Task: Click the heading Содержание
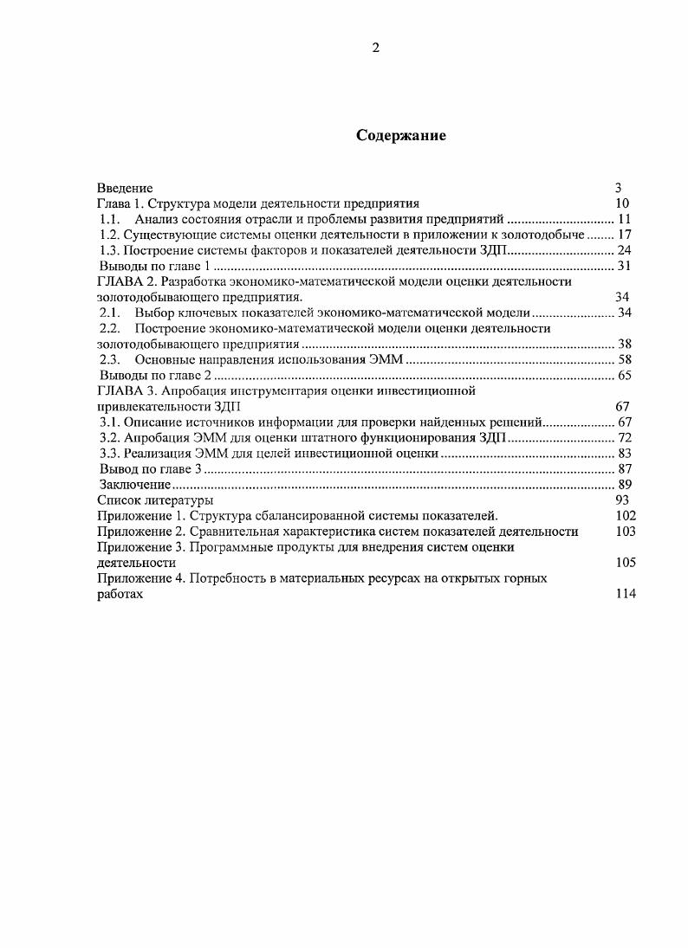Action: tap(401, 136)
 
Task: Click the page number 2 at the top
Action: tap(375, 48)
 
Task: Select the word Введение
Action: tap(125, 188)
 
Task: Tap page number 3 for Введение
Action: tap(619, 188)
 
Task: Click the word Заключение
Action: tap(133, 484)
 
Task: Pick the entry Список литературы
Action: tap(155, 500)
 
